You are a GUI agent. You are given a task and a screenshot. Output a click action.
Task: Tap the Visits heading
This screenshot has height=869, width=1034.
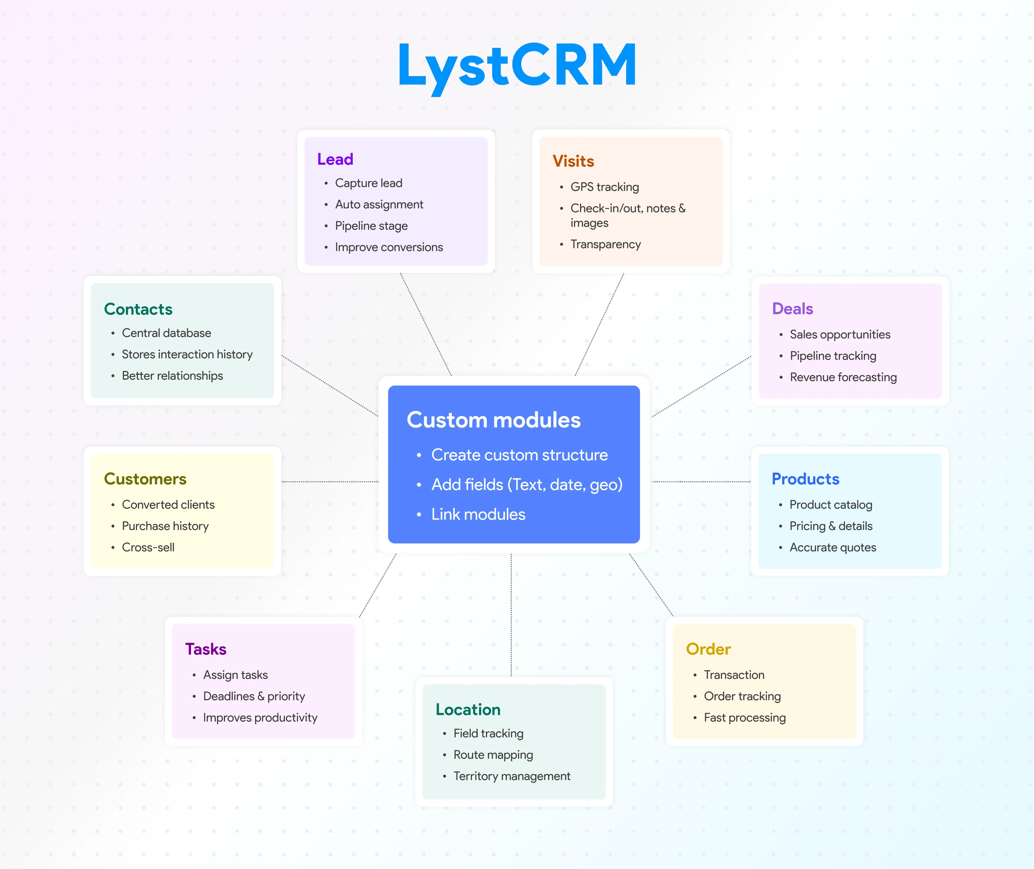[x=573, y=161]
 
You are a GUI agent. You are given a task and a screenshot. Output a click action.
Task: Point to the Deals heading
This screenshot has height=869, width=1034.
[x=792, y=308]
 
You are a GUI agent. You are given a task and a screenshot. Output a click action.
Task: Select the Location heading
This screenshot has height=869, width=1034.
[x=468, y=709]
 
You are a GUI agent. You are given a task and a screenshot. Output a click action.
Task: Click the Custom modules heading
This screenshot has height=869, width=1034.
[x=493, y=420]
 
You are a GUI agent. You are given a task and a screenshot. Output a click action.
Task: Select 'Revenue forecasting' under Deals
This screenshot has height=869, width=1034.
[x=843, y=377]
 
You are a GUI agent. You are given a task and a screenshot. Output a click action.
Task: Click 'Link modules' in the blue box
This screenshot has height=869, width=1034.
[x=478, y=514]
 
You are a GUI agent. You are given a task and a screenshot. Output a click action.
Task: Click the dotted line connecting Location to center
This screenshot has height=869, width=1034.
[x=511, y=616]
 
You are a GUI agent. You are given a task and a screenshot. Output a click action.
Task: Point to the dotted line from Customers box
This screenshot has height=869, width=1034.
[x=330, y=481]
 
